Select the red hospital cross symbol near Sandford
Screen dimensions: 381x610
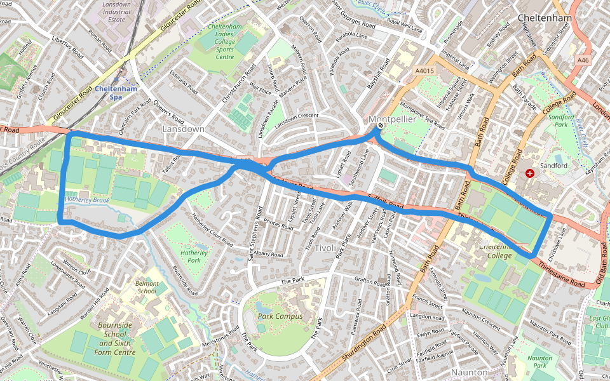[x=530, y=173]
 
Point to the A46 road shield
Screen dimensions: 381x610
[x=583, y=60]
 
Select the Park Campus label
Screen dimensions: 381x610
[x=280, y=316]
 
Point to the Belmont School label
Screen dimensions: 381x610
[x=147, y=287]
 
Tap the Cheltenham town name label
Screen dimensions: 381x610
[x=545, y=18]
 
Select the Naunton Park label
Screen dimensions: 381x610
[x=539, y=362]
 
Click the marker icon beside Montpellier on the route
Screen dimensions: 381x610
[x=380, y=126]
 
